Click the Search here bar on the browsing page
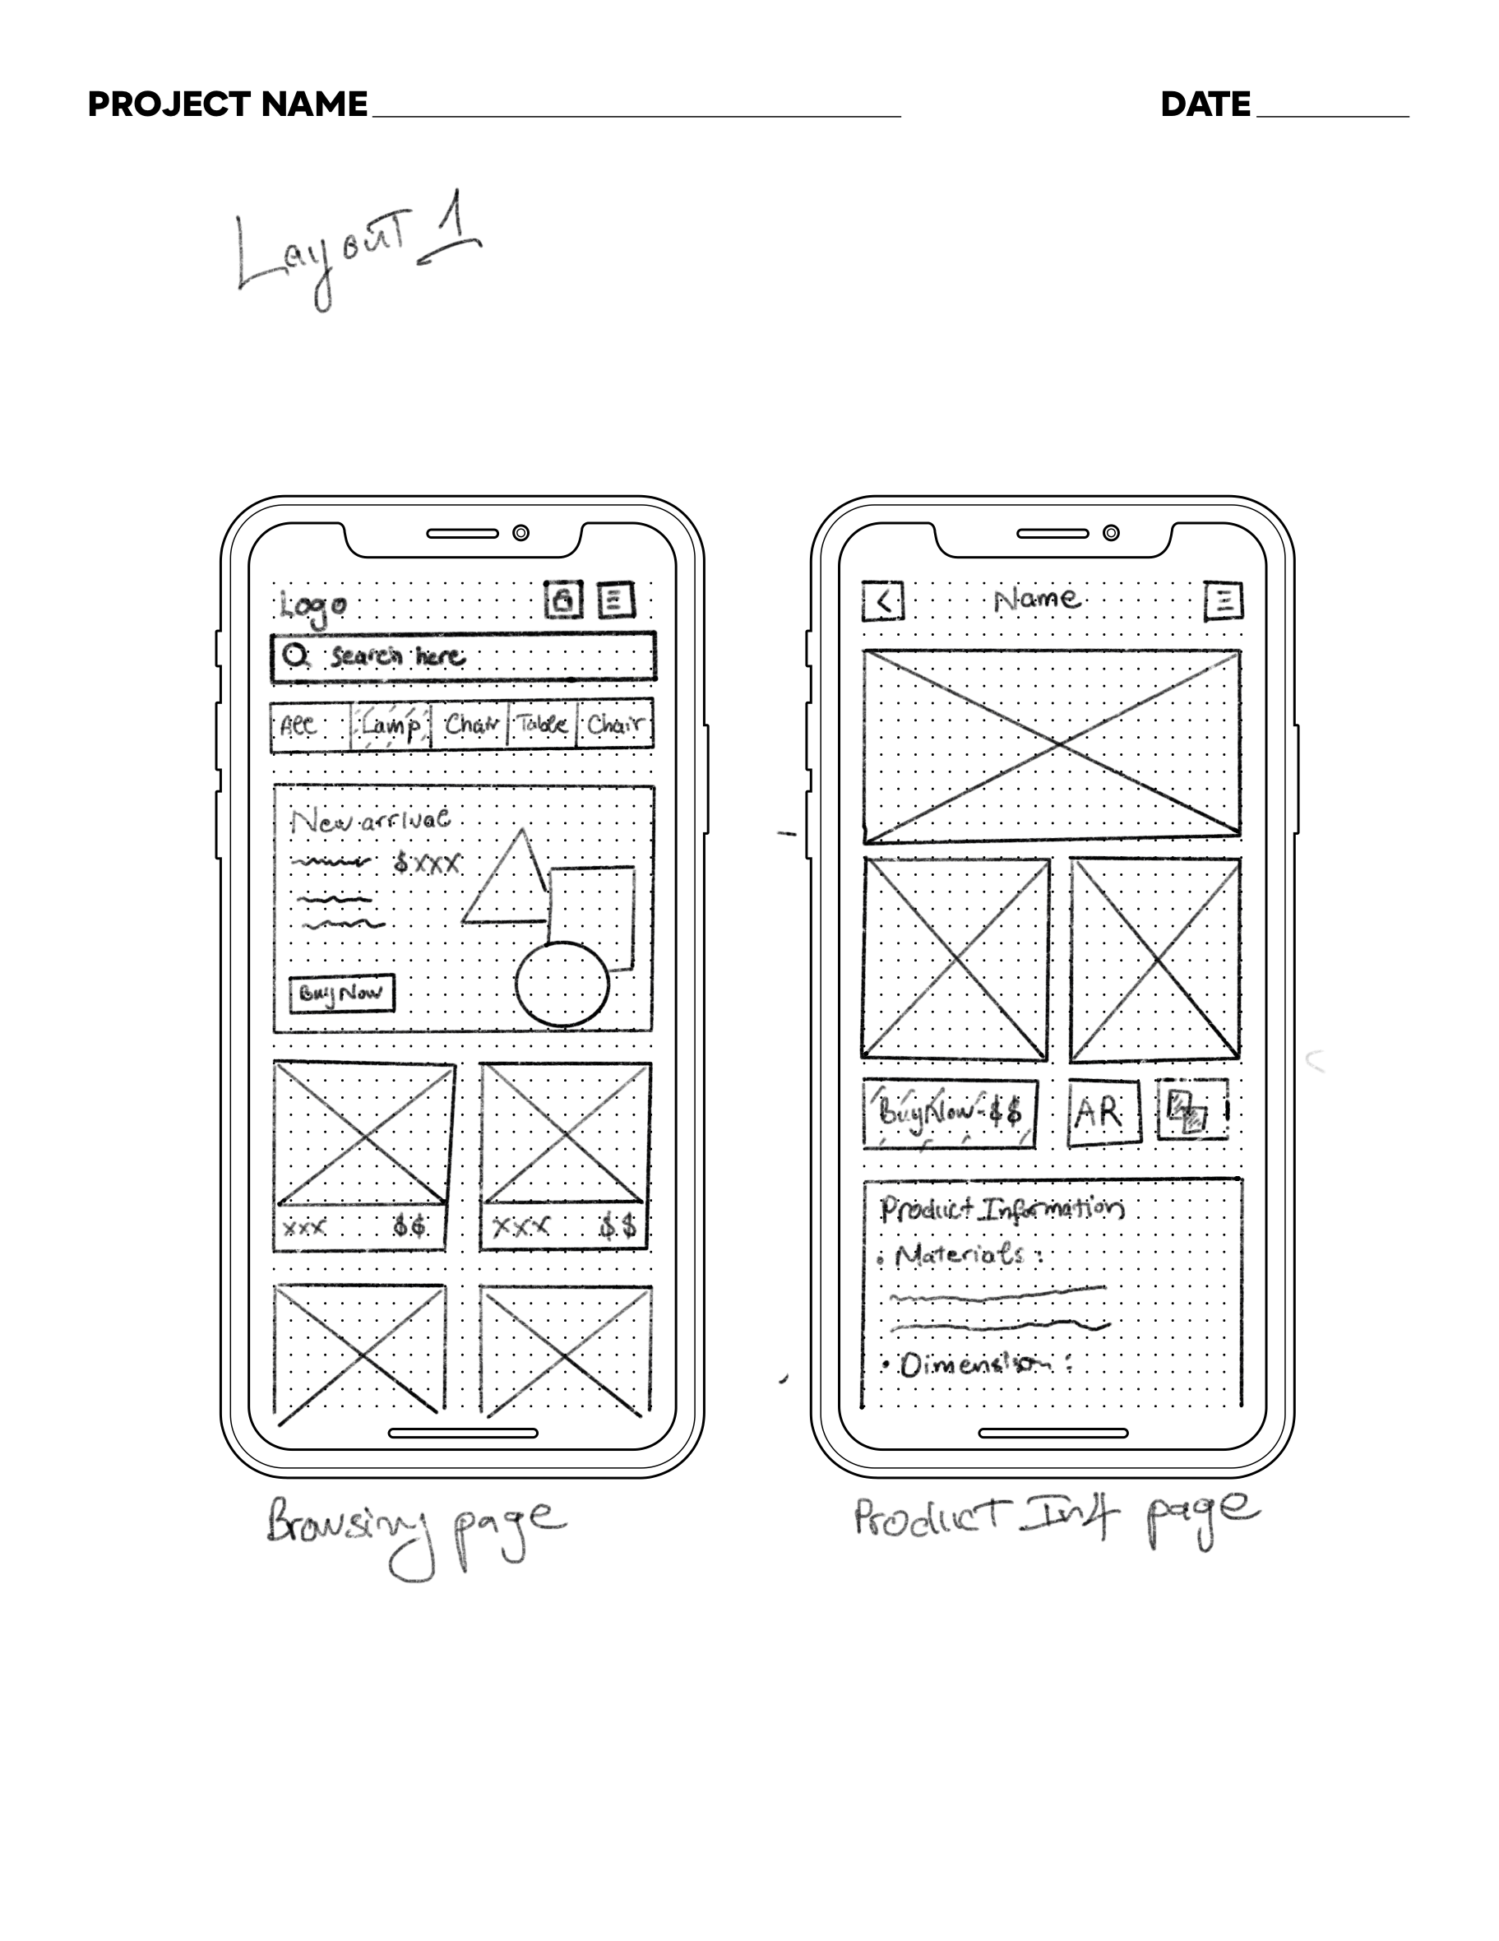pyautogui.click(x=463, y=657)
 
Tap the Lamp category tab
pyautogui.click(x=391, y=725)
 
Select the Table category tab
pyautogui.click(x=542, y=725)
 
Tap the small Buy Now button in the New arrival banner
pyautogui.click(x=341, y=993)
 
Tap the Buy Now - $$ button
pyautogui.click(x=950, y=1112)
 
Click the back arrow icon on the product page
pyautogui.click(x=882, y=602)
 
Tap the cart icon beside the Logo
pyautogui.click(x=563, y=600)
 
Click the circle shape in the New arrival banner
pyautogui.click(x=562, y=984)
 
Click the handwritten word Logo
pyautogui.click(x=312, y=606)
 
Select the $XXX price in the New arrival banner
pyautogui.click(x=428, y=863)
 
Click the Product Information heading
pyautogui.click(x=1002, y=1209)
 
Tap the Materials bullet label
pyautogui.click(x=960, y=1255)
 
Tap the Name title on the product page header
pyautogui.click(x=1037, y=599)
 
